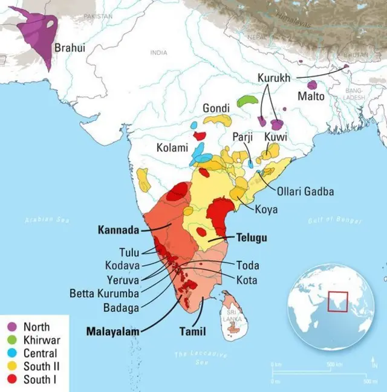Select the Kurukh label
coord(274,79)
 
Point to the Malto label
coord(311,97)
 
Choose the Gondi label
coord(216,108)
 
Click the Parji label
coord(244,138)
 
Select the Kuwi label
coord(275,138)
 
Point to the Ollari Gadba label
coord(305,192)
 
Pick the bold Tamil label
coord(192,332)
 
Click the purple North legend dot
coord(11,327)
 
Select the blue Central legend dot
coord(11,353)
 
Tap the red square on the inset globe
coord(337,301)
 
